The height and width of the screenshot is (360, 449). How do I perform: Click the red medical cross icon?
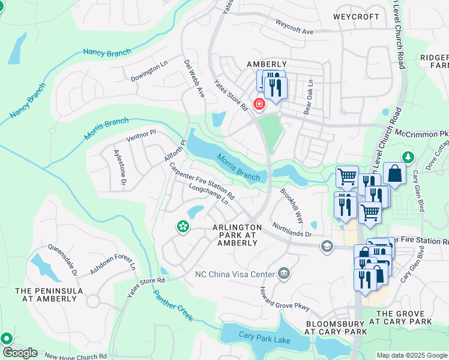coord(259,104)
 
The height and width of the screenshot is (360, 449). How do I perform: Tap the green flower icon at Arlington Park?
coord(182,227)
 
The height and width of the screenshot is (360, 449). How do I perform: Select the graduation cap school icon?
coord(327,245)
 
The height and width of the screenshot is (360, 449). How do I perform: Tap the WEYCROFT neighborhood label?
coord(355,17)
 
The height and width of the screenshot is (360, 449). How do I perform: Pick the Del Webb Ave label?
coord(194,79)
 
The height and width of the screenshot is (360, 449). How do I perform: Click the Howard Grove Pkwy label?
coord(284,298)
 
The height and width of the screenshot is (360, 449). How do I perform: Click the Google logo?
coord(19,353)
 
